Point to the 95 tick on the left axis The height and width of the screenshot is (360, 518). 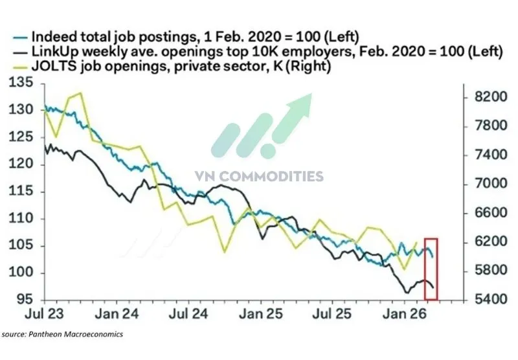coord(25,300)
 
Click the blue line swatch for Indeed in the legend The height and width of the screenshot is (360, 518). coord(23,36)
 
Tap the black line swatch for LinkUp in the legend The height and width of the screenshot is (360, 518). coord(23,52)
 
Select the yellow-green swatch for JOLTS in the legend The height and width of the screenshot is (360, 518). coord(23,67)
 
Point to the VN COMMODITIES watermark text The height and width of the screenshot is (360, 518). coord(259,175)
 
